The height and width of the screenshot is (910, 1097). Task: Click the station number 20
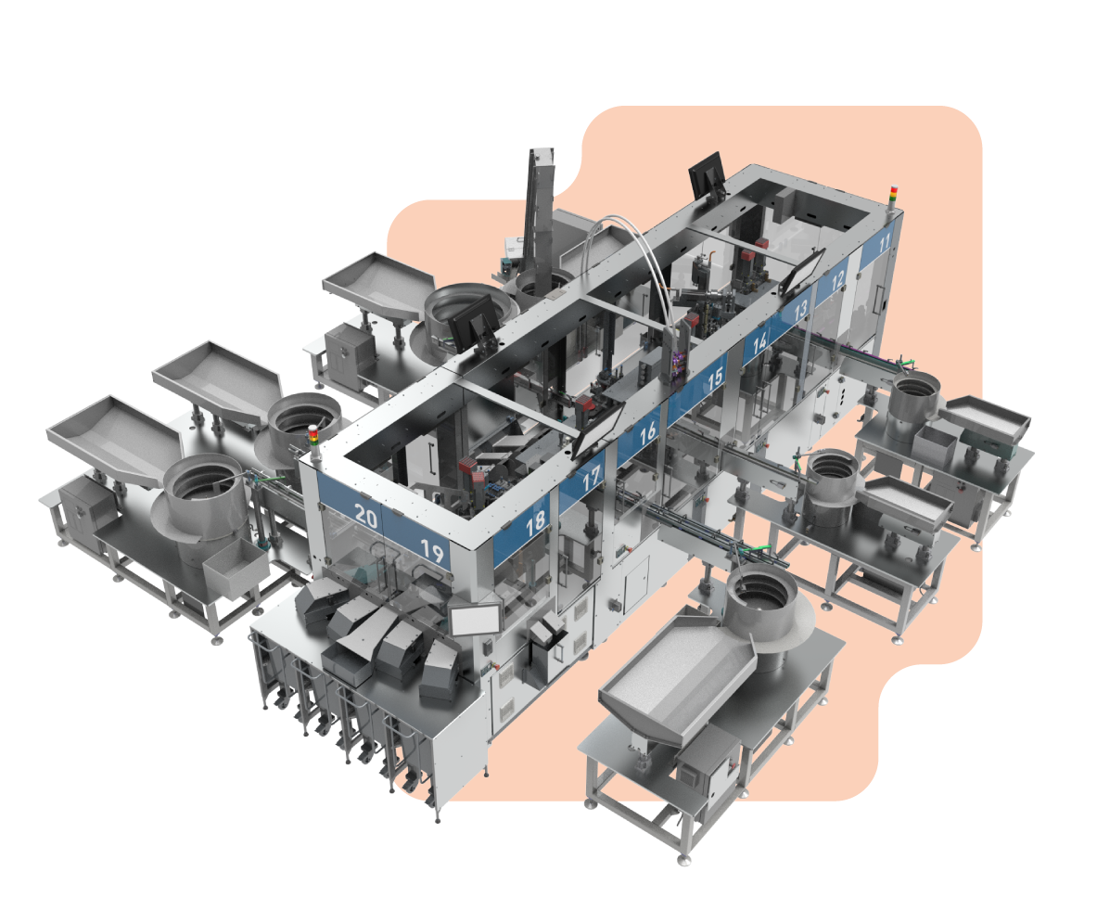tap(365, 516)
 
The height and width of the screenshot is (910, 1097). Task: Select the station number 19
tap(432, 552)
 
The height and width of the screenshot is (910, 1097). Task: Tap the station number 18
tap(536, 523)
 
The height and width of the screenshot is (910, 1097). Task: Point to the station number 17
tap(592, 478)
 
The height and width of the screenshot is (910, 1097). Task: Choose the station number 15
tap(714, 378)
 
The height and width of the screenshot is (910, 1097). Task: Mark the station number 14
tap(759, 343)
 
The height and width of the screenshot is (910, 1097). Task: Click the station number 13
tap(801, 310)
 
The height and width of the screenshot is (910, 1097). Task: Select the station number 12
tap(837, 280)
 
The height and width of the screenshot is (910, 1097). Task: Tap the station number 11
tap(885, 243)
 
